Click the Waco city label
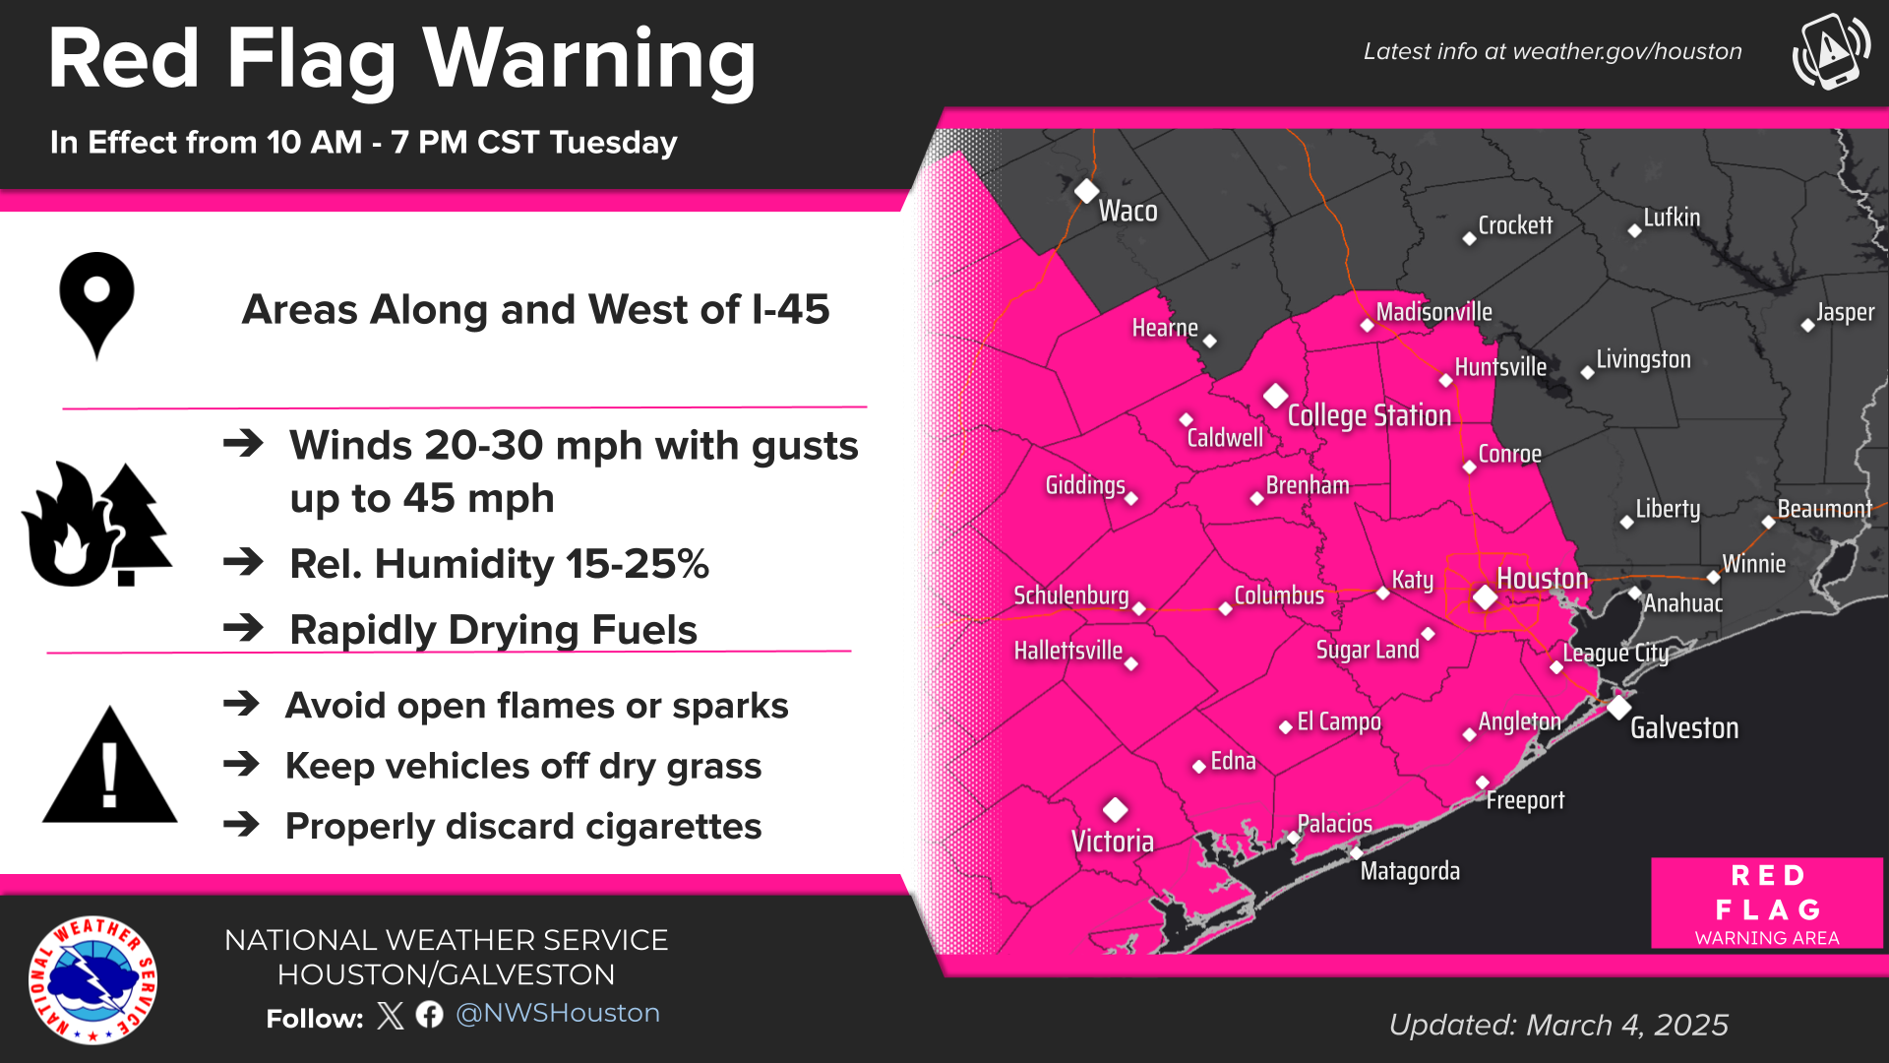(x=1127, y=211)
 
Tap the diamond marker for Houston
(x=1485, y=597)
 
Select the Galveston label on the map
(x=1683, y=727)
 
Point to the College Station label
(x=1369, y=415)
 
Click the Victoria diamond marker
(x=1115, y=810)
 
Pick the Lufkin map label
(x=1672, y=218)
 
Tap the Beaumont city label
(x=1824, y=509)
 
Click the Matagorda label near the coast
(x=1409, y=871)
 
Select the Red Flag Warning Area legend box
(x=1767, y=904)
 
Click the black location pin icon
(x=96, y=304)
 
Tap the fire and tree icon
(x=96, y=525)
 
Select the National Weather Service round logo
(x=93, y=980)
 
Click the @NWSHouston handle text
(x=558, y=1013)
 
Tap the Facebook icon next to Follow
(x=429, y=1015)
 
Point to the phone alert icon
(x=1831, y=51)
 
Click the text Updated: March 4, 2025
(x=1558, y=1025)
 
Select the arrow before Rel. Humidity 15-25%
(x=243, y=563)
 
